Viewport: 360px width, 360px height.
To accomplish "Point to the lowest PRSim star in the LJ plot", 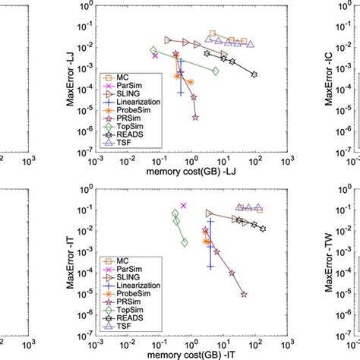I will pos(196,118).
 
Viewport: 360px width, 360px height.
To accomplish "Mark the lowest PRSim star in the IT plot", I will pos(244,294).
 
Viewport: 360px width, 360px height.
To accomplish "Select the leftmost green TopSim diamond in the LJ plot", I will pos(153,51).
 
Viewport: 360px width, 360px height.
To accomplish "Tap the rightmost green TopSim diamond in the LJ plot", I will pos(216,71).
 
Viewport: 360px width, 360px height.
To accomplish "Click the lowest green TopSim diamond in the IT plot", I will pos(184,242).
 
